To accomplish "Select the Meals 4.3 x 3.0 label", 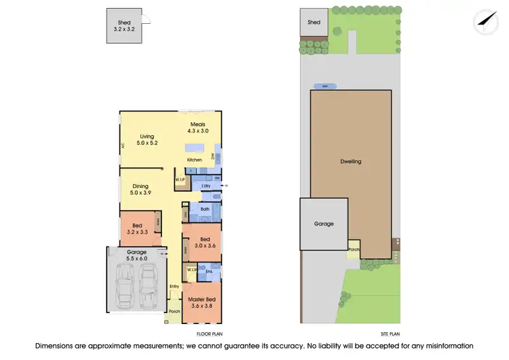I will click(x=197, y=127).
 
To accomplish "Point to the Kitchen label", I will click(x=195, y=160).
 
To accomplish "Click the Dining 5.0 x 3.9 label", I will click(x=140, y=190).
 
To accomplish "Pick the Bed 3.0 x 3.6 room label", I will click(x=204, y=242).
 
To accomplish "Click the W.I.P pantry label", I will click(x=180, y=180).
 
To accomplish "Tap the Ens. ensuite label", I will click(x=210, y=272).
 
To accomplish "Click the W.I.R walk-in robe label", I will click(x=192, y=271).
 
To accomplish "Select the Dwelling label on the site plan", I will click(x=351, y=162).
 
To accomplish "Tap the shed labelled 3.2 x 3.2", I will click(x=124, y=26).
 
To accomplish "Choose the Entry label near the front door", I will click(x=174, y=286).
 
